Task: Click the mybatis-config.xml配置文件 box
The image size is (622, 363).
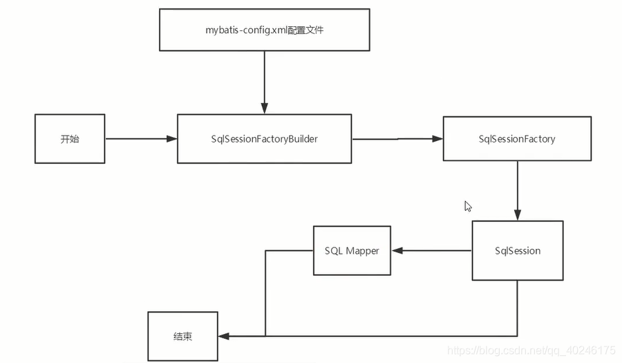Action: click(265, 30)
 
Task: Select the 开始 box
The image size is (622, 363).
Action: click(70, 139)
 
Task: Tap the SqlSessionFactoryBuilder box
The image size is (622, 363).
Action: click(265, 139)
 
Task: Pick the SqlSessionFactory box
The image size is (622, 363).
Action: click(517, 139)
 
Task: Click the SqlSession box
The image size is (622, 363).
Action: click(518, 250)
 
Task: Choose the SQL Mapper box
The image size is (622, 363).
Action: click(352, 250)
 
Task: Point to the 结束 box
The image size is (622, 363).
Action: click(182, 337)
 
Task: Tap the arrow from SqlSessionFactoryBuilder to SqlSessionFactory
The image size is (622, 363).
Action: click(397, 139)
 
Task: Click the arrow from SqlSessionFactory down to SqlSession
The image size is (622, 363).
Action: click(518, 190)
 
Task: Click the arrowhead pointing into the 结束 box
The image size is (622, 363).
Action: click(223, 337)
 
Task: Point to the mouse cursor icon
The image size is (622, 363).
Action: click(468, 206)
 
